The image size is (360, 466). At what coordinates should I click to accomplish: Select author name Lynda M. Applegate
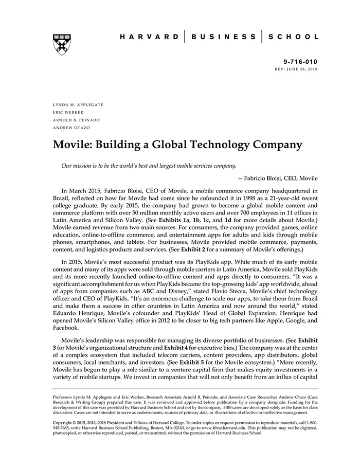click(78, 104)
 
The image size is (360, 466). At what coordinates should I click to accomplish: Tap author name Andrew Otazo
click(71, 128)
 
